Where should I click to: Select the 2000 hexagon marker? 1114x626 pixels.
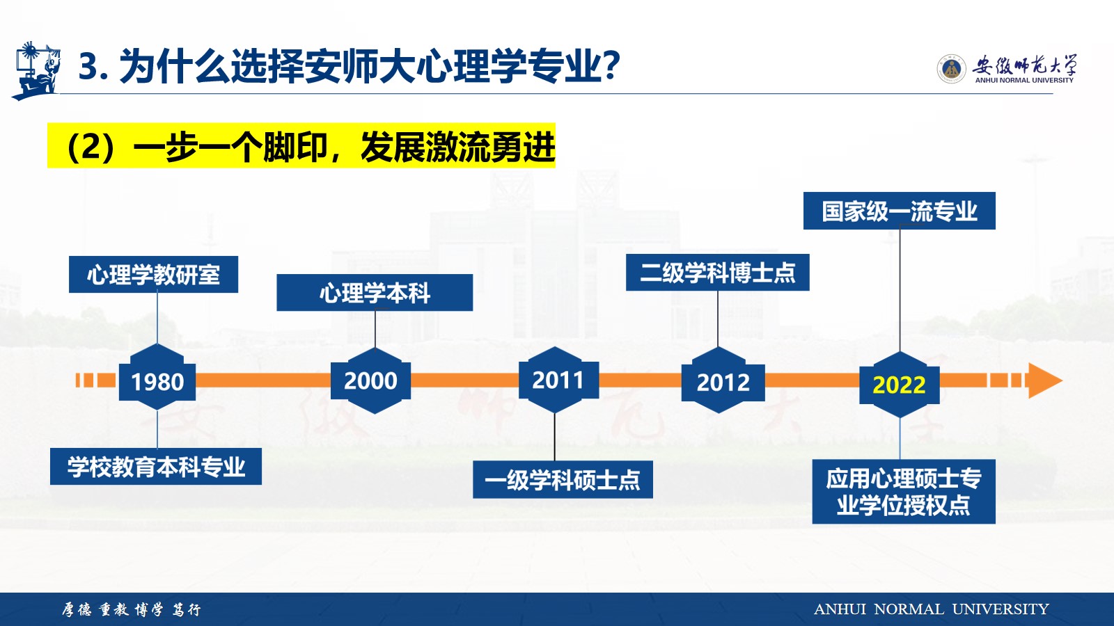coord(370,380)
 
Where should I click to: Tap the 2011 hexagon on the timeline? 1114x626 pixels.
coord(558,380)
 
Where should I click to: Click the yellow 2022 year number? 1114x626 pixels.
coord(899,385)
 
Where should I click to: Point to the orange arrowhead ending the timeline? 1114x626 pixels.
coord(1045,380)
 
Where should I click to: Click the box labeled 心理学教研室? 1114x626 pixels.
coord(153,274)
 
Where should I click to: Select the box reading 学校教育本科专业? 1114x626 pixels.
coord(156,466)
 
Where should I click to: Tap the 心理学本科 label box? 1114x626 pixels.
coord(375,293)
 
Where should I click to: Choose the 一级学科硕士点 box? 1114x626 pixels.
coord(563,479)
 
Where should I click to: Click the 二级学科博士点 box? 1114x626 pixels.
coord(717,272)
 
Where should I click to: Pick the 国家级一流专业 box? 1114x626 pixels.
coord(899,211)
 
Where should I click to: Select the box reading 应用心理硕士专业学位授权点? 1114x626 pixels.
coord(904,491)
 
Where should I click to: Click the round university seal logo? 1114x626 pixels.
coord(951,69)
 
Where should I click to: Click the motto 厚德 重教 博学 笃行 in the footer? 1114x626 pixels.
coord(132,609)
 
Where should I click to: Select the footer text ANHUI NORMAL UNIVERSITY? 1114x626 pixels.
coord(931,609)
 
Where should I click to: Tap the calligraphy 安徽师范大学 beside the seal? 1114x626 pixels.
coord(1024,65)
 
